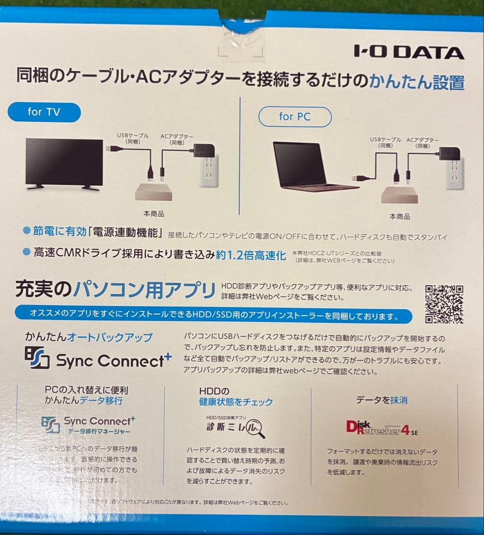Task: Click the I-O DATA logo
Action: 409,52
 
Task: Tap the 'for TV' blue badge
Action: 44,112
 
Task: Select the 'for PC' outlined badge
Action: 295,117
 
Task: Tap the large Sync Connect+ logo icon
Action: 37,358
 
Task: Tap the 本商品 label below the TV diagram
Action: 154,214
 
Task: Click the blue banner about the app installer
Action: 213,315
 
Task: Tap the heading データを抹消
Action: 382,400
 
